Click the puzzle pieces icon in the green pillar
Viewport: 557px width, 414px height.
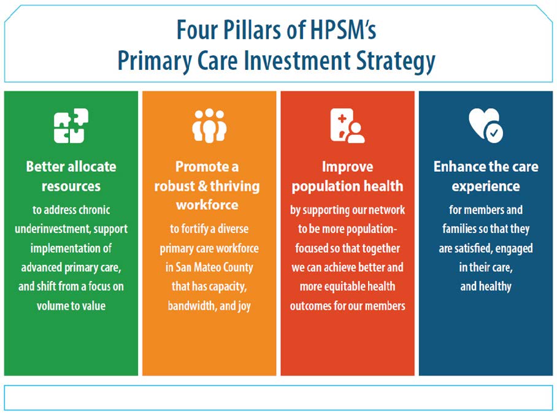pos(71,126)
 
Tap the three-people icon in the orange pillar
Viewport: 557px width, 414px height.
pos(209,126)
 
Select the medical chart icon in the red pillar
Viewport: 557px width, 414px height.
pos(347,126)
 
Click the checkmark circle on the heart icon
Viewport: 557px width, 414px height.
pos(494,134)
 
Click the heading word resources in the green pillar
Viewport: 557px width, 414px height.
pos(71,186)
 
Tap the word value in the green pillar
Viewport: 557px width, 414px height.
pos(93,305)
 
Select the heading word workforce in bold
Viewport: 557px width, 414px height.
pos(207,205)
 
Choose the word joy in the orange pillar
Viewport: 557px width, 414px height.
pos(244,306)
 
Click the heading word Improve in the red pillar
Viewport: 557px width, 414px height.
pos(347,167)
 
